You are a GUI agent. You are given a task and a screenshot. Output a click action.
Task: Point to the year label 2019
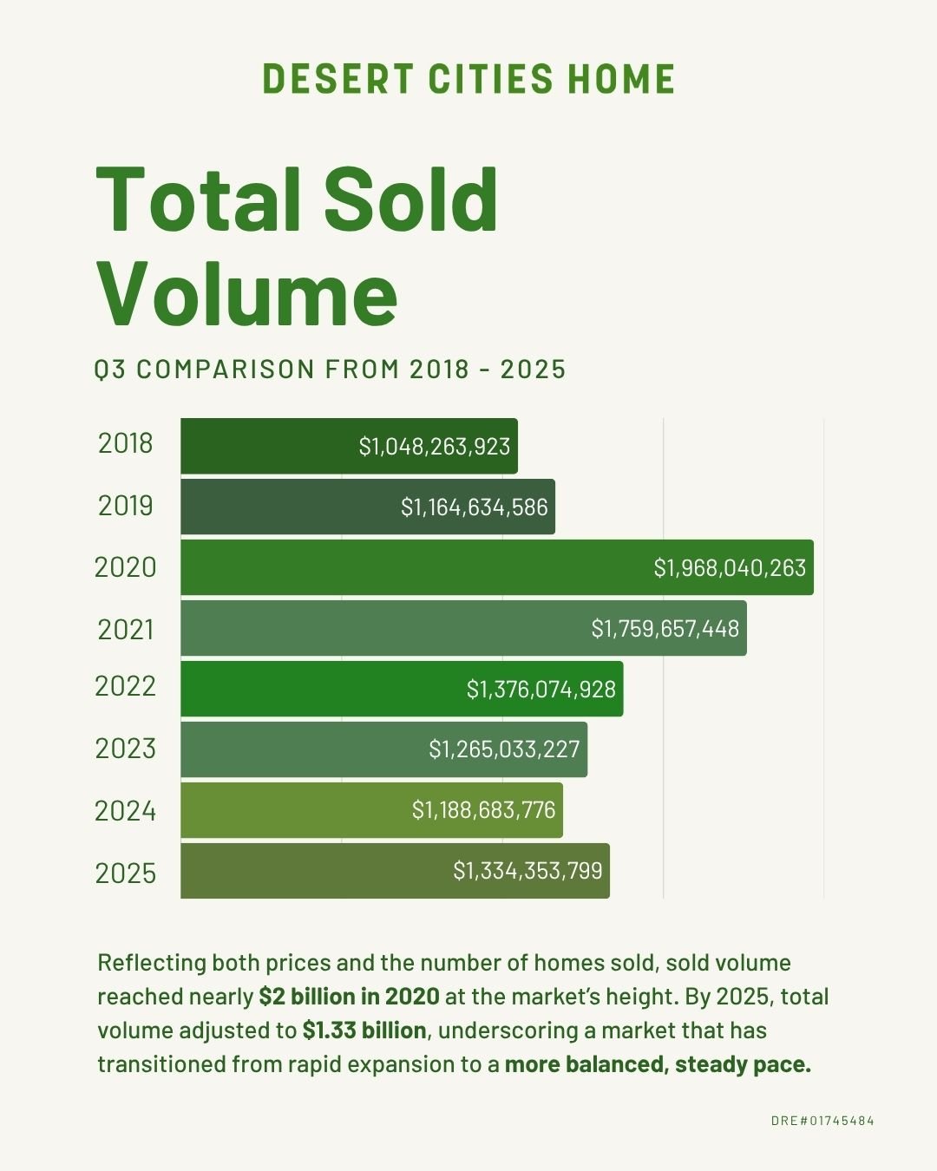click(x=125, y=506)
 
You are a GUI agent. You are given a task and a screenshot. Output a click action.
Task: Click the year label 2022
click(x=125, y=686)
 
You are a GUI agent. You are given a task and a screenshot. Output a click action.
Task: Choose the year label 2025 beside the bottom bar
click(x=126, y=873)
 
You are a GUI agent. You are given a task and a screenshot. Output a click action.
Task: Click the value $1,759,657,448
click(x=665, y=628)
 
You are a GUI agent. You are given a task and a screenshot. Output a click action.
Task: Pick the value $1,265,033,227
click(x=504, y=749)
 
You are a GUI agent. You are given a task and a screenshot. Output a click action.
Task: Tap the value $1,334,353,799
click(x=527, y=870)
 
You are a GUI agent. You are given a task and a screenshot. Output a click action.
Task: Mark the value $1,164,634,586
click(x=475, y=507)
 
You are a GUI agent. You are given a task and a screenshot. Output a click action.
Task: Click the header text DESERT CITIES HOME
click(x=468, y=79)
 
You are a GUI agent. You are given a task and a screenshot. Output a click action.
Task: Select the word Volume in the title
click(x=247, y=293)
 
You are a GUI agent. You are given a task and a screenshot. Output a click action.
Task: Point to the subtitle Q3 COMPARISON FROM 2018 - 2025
click(x=330, y=370)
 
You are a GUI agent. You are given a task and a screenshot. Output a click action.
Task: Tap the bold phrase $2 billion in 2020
click(x=349, y=997)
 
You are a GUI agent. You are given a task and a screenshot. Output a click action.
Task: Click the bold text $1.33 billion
click(x=364, y=1030)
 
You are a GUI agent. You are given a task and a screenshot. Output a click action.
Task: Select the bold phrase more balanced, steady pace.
click(x=658, y=1064)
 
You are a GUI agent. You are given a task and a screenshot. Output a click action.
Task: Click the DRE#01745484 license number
click(x=822, y=1121)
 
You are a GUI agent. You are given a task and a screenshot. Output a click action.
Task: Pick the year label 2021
click(x=125, y=629)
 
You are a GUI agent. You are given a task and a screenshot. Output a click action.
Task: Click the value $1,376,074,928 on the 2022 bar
click(x=541, y=689)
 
